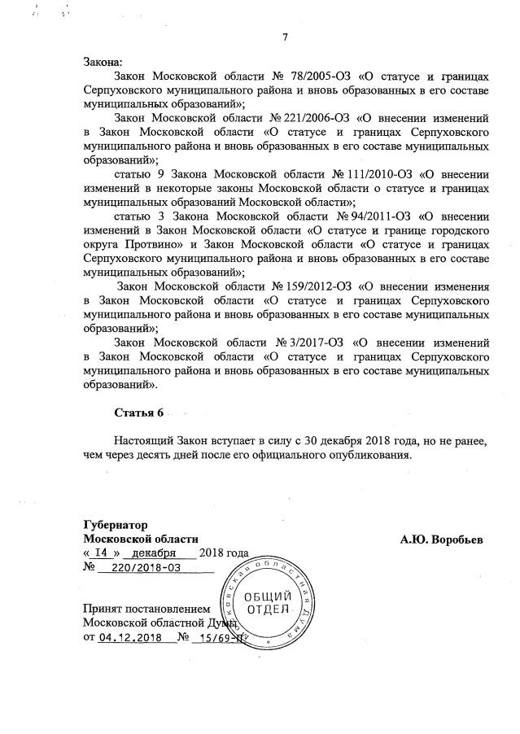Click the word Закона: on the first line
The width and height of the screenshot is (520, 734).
[102, 63]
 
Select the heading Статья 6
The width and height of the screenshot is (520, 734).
[140, 412]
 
